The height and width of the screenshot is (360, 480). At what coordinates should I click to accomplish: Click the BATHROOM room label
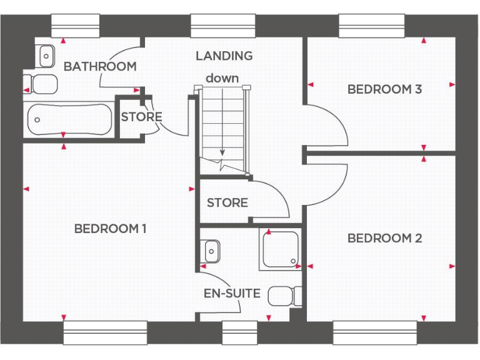point(100,66)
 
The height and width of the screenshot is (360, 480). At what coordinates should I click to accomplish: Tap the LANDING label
point(224,56)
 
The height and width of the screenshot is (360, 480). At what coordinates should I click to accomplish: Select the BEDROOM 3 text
point(384,89)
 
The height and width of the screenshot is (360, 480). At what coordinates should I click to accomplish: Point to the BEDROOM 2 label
point(384,238)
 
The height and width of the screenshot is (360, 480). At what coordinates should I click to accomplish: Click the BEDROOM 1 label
point(110,229)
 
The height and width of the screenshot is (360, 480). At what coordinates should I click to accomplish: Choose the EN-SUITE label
point(232,293)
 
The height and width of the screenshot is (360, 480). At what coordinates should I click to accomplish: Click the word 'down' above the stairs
point(222,78)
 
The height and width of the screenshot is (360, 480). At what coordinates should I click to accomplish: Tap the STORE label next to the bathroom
point(141,117)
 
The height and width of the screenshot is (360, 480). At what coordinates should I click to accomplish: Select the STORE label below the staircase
point(227,202)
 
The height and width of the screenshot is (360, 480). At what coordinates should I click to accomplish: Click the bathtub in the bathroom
point(69,119)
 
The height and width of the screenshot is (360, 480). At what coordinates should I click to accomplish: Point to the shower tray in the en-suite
point(281,249)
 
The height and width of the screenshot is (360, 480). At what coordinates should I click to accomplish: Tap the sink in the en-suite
point(211,251)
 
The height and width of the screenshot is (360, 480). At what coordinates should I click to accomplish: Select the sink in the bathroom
point(46,56)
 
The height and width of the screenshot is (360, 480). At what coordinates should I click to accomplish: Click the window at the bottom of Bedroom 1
point(105,332)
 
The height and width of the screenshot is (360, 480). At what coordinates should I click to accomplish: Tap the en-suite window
point(239,332)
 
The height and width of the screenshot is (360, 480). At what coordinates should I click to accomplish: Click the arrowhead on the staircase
point(222,153)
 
